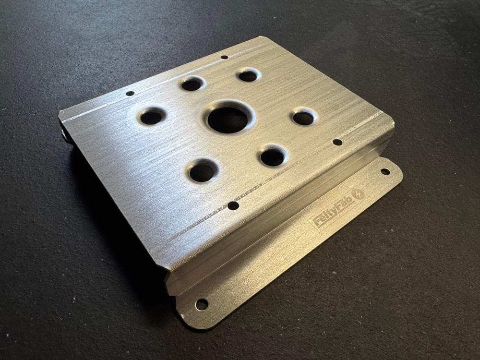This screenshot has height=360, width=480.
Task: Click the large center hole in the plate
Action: tap(228, 120)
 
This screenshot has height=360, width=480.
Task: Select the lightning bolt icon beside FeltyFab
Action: tap(358, 194)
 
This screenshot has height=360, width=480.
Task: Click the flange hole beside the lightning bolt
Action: tap(385, 172)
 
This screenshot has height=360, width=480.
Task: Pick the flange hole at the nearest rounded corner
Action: tap(202, 304)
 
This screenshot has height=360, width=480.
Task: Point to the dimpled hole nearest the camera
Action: tap(202, 173)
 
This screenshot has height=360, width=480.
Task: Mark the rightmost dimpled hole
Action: tap(303, 118)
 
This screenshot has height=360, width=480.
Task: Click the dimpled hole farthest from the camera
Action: tap(248, 76)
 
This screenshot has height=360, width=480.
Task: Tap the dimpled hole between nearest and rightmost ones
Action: tap(272, 157)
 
